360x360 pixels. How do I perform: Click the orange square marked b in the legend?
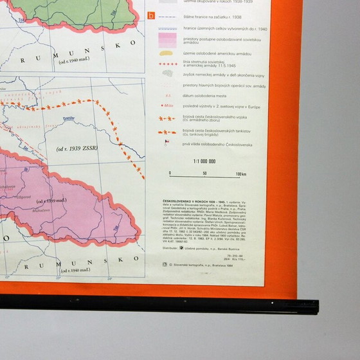pyautogui.click(x=151, y=15)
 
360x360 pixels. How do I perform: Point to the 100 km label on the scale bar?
pyautogui.click(x=240, y=174)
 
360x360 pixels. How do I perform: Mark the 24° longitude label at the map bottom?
pyautogui.click(x=110, y=278)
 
